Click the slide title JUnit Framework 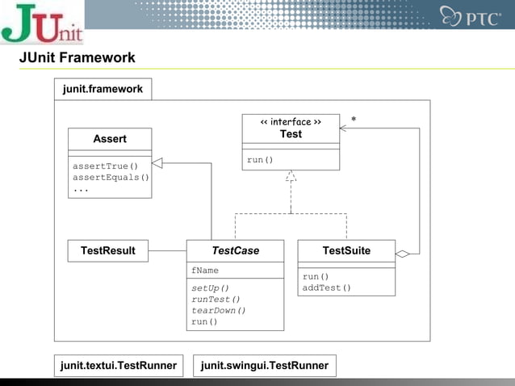coord(77,58)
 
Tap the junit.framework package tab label coord(103,89)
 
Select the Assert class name coord(110,139)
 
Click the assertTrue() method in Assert coord(106,166)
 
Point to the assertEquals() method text coord(111,178)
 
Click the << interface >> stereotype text coord(291,123)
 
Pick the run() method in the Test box coord(260,159)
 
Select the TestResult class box coord(108,251)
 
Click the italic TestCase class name coord(235,251)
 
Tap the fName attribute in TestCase coord(205,271)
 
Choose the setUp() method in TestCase coord(211,288)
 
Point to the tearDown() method coord(219,310)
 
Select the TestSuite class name coord(346,251)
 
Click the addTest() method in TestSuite coord(327,287)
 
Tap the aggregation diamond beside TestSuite coord(403,254)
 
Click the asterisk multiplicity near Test coord(354,120)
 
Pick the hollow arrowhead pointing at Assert coord(158,163)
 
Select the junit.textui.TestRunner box coord(119,366)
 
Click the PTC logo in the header coord(471,15)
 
